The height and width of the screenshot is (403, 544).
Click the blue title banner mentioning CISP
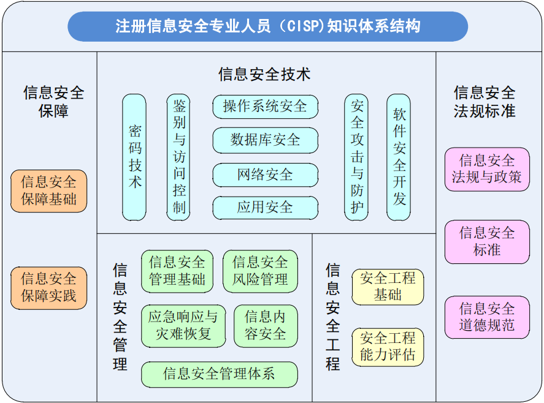(267, 26)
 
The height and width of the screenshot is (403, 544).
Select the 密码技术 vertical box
(134, 157)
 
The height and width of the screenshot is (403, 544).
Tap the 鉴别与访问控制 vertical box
(178, 157)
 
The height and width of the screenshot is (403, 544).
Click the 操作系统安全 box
(266, 107)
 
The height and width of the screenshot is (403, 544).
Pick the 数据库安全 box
(266, 140)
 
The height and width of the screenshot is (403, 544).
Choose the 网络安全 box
(266, 175)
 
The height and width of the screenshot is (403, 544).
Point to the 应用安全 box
(266, 208)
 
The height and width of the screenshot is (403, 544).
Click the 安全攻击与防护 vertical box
(356, 157)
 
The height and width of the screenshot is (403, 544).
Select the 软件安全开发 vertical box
(399, 157)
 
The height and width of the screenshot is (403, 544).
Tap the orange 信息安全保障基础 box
(48, 191)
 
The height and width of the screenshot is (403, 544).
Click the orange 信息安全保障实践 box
(48, 288)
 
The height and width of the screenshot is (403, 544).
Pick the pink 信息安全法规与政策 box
(487, 170)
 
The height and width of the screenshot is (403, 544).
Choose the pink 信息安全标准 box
(487, 242)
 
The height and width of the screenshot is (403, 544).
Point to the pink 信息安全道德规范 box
(487, 317)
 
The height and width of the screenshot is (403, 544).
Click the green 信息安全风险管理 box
(260, 271)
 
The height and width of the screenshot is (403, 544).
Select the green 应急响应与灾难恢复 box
(183, 326)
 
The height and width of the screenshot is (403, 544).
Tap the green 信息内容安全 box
(266, 326)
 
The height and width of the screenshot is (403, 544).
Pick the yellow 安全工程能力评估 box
(388, 347)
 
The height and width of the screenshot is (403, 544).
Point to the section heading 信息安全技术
(264, 75)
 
